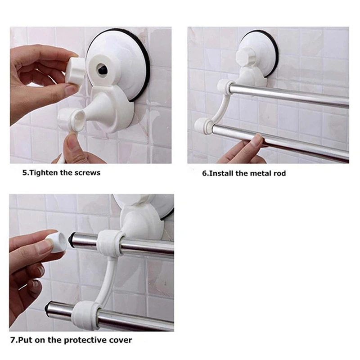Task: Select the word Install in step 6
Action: point(221,173)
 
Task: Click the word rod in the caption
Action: point(279,173)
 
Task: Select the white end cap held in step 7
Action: point(58,243)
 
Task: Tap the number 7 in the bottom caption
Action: point(13,340)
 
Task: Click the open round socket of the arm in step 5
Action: point(78,120)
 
